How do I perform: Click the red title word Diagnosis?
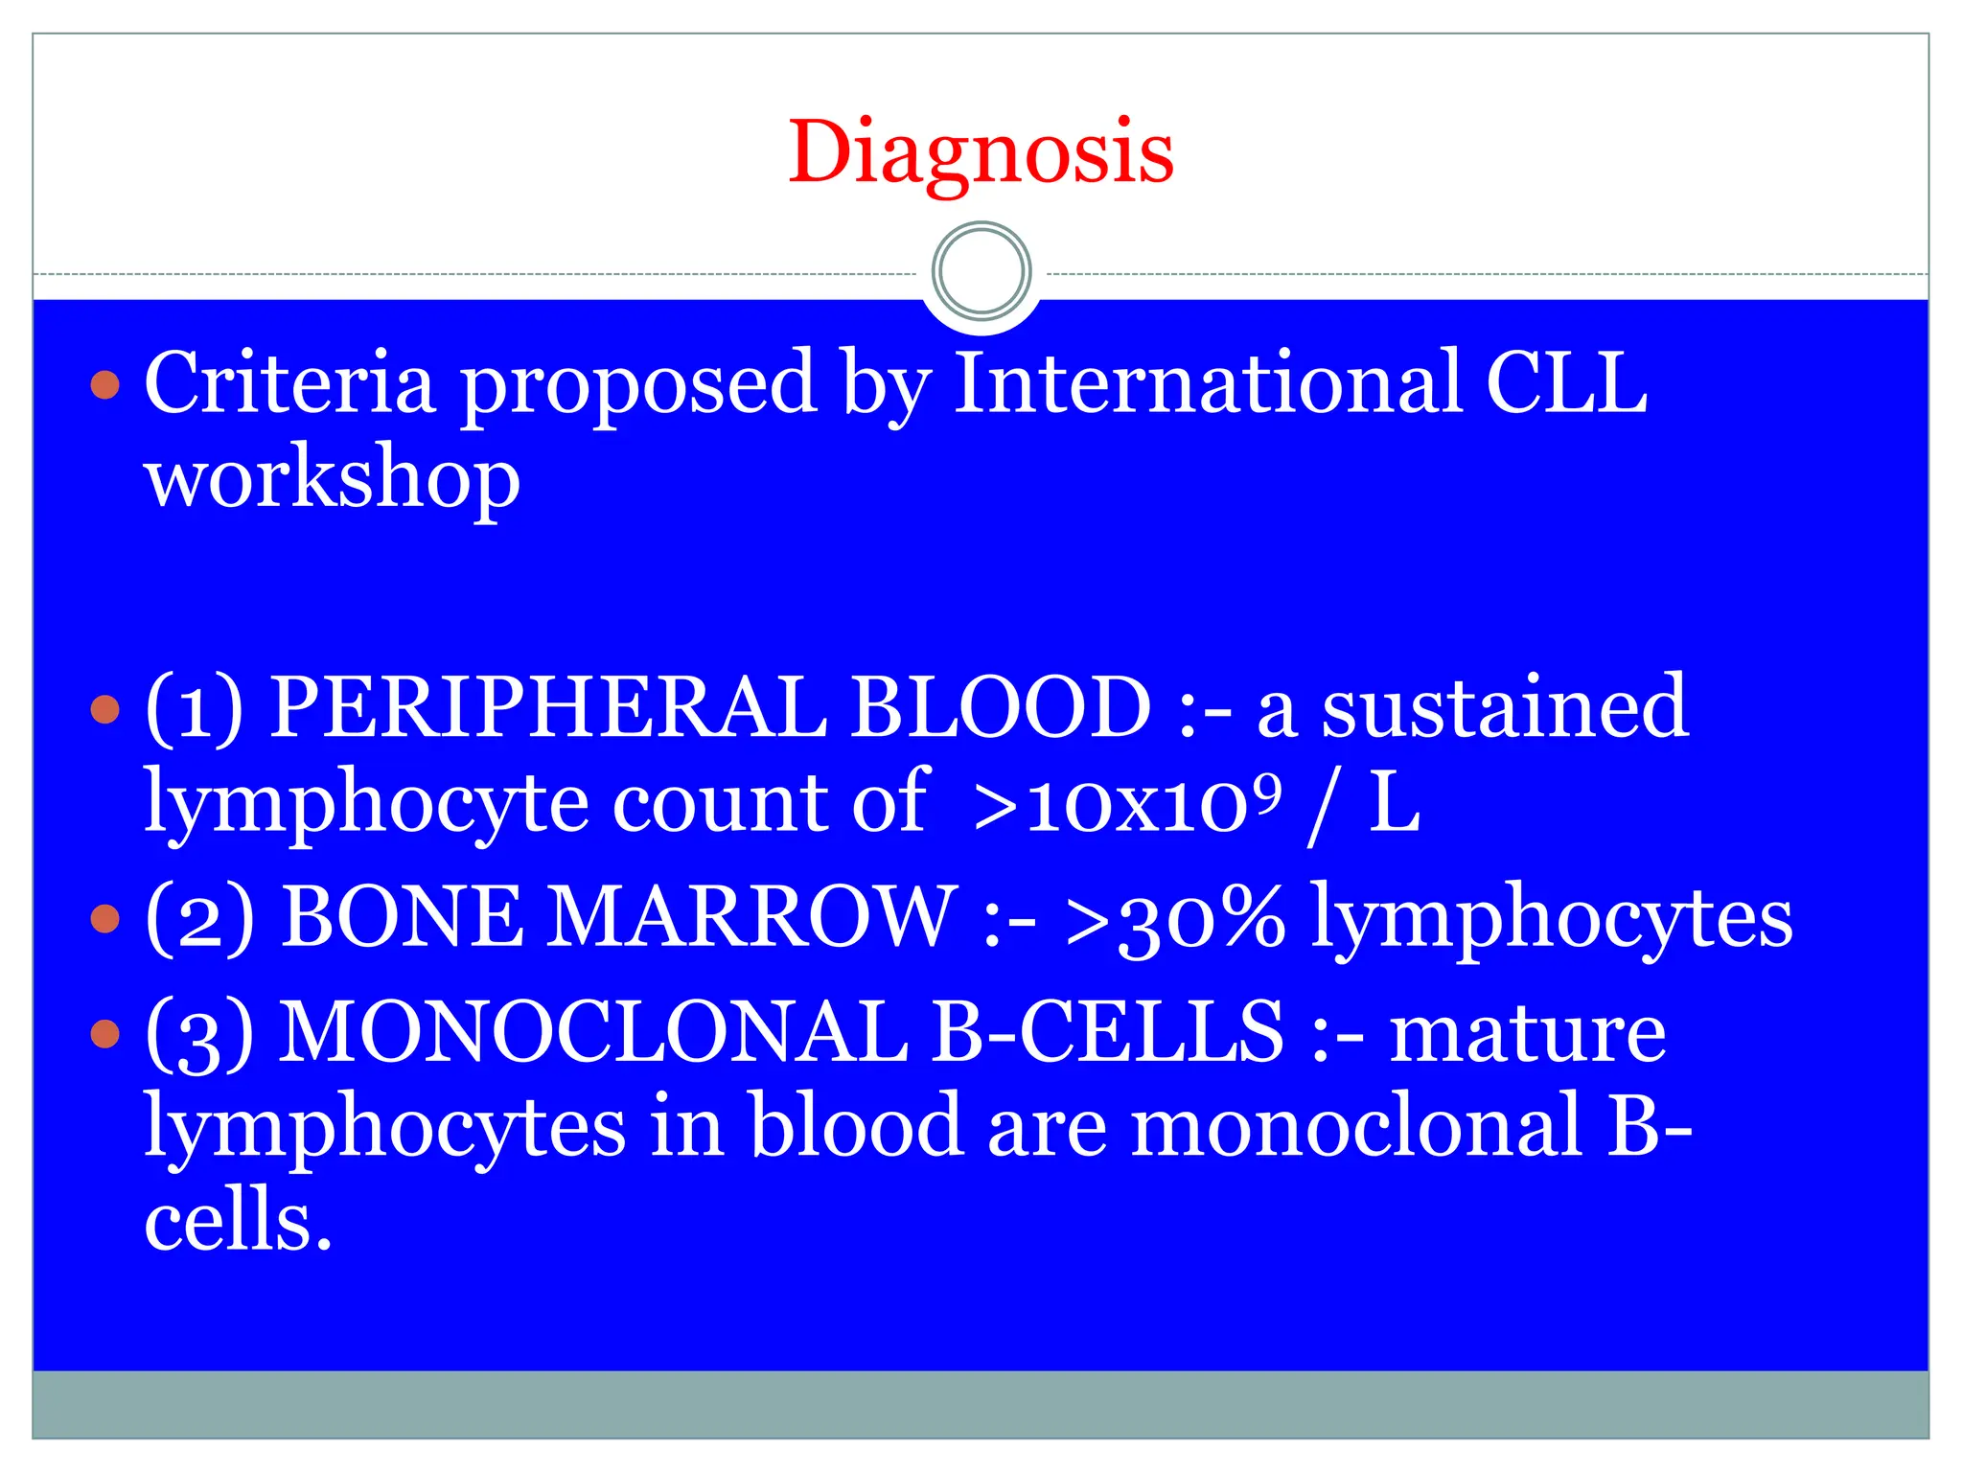[981, 153]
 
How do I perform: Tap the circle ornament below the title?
[981, 272]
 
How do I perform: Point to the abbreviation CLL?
[1566, 383]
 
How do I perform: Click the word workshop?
[332, 479]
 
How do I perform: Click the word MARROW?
[751, 917]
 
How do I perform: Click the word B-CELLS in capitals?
[1108, 1032]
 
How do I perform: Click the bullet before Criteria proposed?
[105, 385]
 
